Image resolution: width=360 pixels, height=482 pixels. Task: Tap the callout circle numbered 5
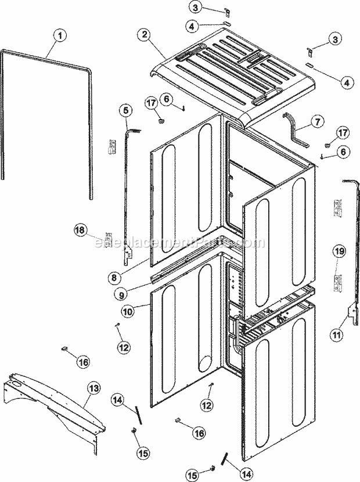click(125, 110)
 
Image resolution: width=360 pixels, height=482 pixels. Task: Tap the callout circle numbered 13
click(93, 387)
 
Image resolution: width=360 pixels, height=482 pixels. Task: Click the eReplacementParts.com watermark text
click(179, 243)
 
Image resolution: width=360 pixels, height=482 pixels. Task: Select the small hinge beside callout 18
click(107, 239)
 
